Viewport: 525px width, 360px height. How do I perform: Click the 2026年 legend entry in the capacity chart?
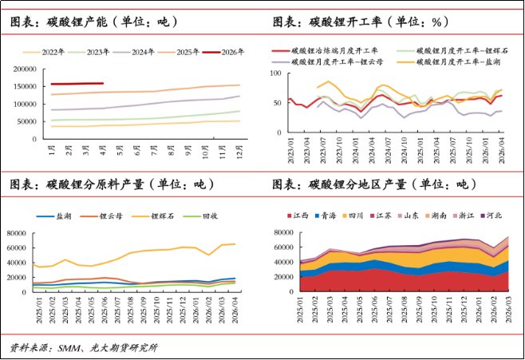(x=223, y=52)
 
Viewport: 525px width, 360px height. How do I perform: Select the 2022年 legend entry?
(x=44, y=52)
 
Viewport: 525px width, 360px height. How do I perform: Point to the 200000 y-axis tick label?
(x=25, y=69)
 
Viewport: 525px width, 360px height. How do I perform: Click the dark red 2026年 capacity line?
(x=77, y=84)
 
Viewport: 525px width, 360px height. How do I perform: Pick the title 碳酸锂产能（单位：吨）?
(x=94, y=22)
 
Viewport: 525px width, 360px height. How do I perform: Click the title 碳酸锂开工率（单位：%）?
(x=361, y=22)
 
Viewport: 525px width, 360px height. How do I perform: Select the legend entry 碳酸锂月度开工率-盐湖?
(x=448, y=61)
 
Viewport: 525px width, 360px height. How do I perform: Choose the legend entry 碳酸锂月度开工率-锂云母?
(x=327, y=61)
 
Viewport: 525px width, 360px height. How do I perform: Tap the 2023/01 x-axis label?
(x=290, y=151)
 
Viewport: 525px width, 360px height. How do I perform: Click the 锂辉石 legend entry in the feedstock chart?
(x=153, y=216)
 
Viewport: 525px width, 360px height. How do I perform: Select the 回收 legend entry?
(x=200, y=216)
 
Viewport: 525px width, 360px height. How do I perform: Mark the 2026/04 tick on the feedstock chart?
(x=235, y=311)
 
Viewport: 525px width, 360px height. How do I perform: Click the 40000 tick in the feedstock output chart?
(x=17, y=263)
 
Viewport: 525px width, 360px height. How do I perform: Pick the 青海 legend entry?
(x=325, y=216)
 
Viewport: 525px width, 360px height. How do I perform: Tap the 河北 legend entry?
(x=491, y=216)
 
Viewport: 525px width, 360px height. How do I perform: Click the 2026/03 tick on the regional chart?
(x=509, y=310)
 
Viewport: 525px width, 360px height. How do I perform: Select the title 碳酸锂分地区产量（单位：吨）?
(x=374, y=184)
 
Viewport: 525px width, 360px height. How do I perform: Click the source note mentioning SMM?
(x=83, y=348)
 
